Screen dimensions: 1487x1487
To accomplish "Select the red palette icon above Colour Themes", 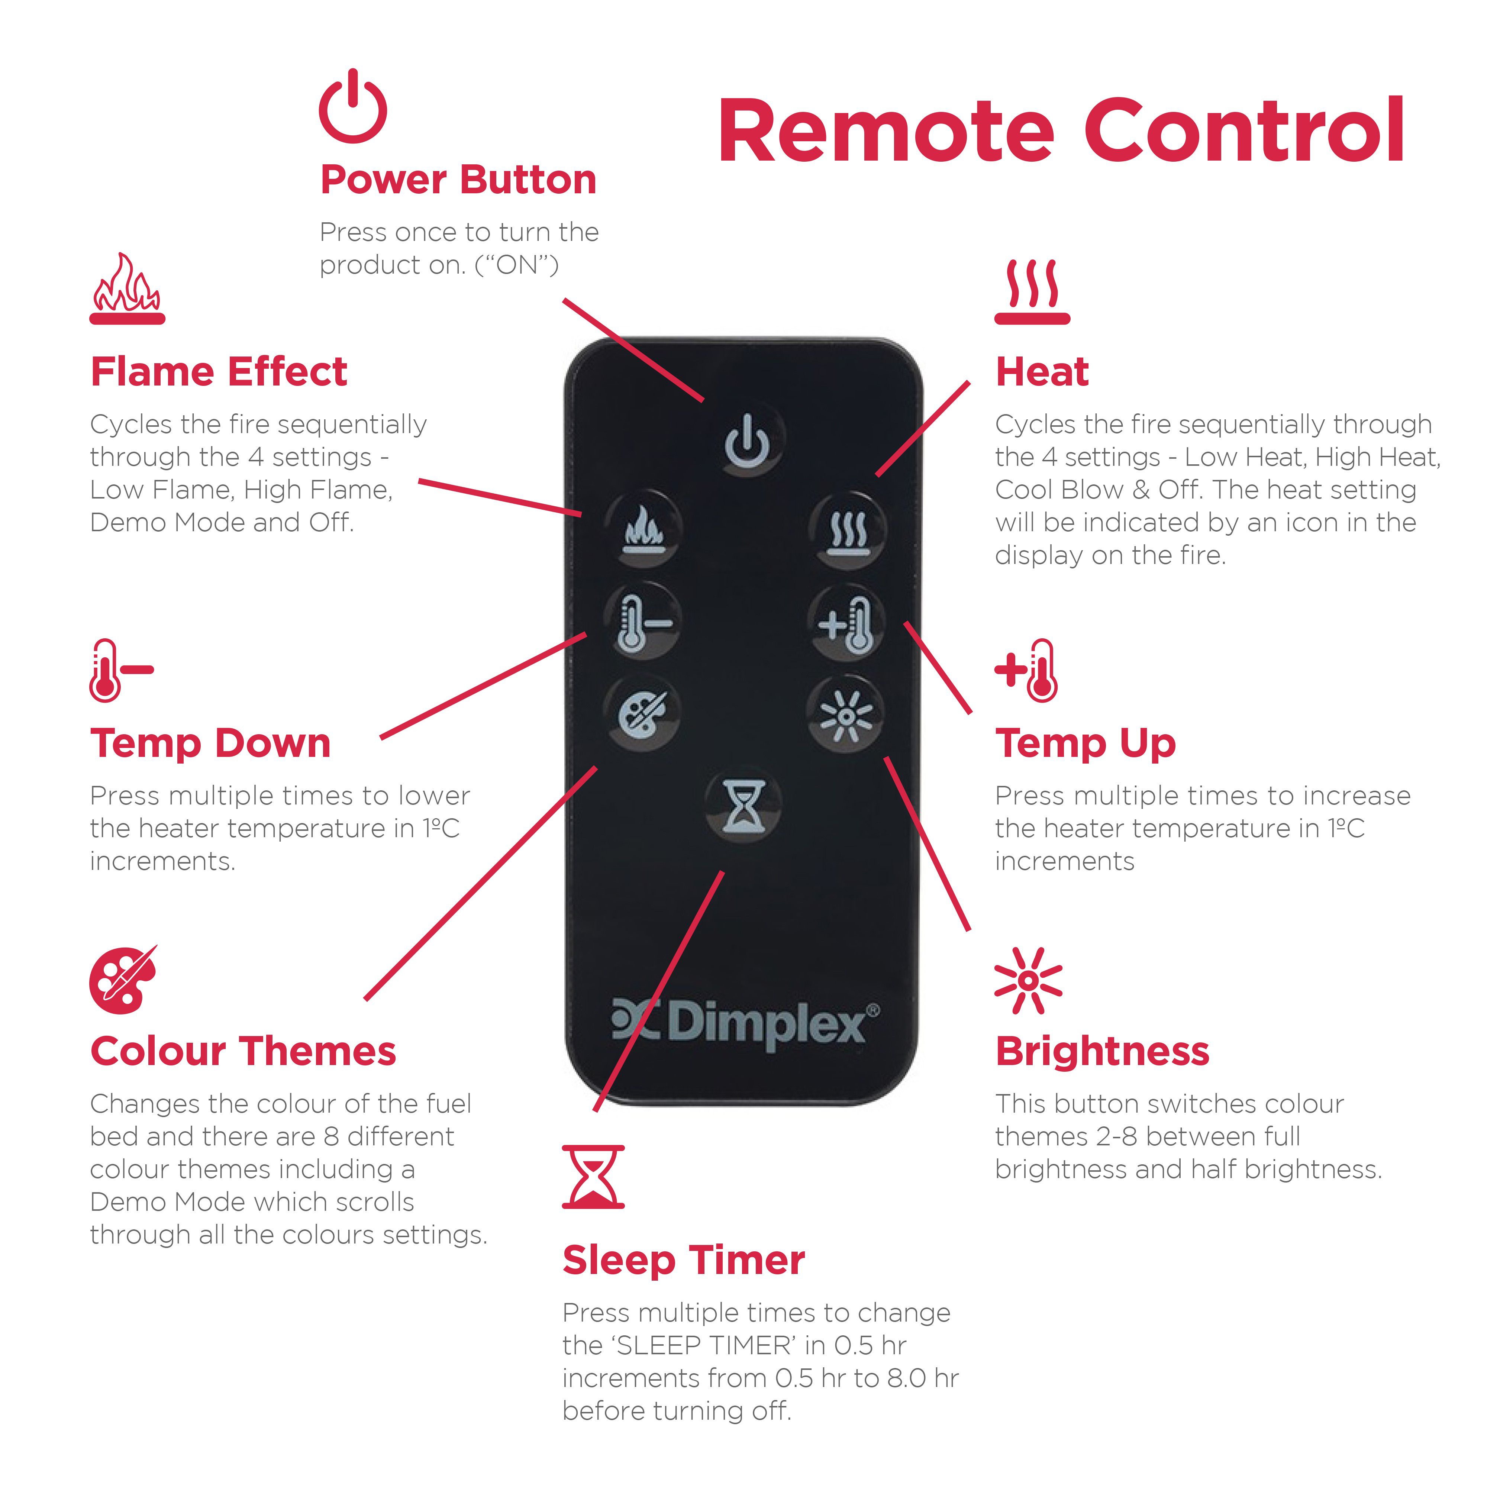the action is click(x=123, y=979).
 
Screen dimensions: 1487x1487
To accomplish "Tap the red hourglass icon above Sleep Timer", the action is click(x=593, y=1177).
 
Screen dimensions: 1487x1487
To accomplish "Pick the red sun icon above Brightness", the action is click(x=1028, y=981).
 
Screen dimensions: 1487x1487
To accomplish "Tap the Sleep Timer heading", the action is click(x=684, y=1261).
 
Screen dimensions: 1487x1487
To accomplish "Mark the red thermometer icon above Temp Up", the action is click(x=1026, y=670).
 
